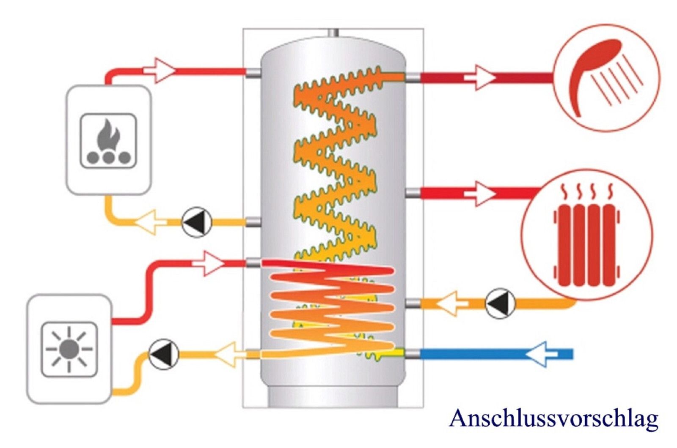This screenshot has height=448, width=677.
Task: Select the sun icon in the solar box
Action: pyautogui.click(x=69, y=350)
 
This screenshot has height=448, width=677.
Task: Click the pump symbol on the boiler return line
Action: pyautogui.click(x=197, y=222)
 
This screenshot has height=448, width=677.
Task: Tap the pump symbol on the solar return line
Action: pyautogui.click(x=164, y=354)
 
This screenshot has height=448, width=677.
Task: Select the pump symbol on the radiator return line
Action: pyautogui.click(x=500, y=303)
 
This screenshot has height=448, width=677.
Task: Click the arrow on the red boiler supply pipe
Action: pyautogui.click(x=159, y=71)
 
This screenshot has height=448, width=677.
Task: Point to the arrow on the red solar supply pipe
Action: pyautogui.click(x=209, y=263)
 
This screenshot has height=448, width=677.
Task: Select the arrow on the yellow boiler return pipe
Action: pyautogui.click(x=150, y=222)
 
